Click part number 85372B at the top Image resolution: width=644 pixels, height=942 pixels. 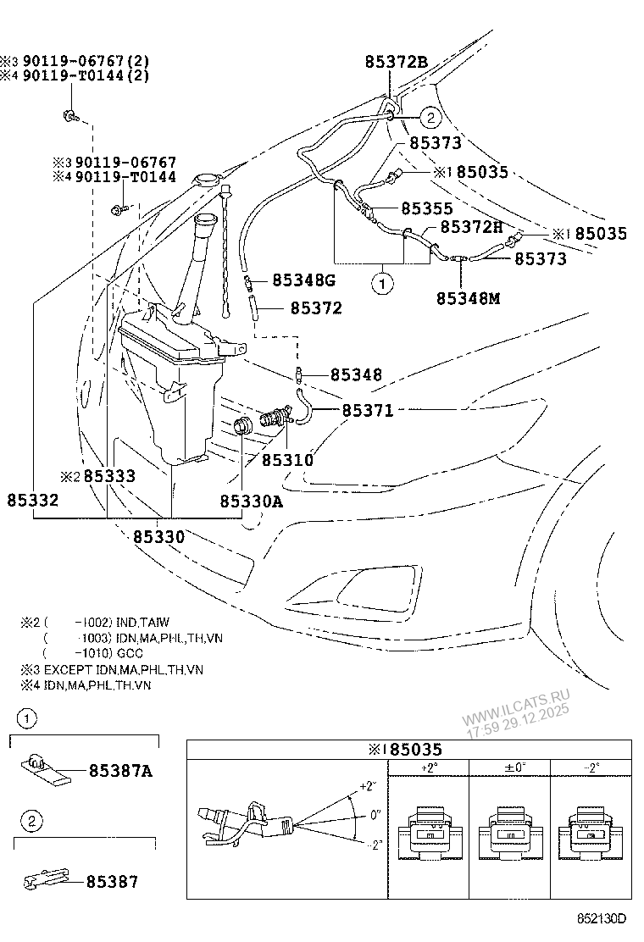397,61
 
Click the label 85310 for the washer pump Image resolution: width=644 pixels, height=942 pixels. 287,460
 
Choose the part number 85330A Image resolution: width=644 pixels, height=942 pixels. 251,501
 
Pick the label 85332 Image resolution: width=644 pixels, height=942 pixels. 33,501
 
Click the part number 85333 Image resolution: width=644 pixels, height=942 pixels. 109,477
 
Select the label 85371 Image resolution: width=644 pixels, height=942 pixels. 368,410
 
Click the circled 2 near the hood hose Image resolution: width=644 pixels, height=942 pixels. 429,118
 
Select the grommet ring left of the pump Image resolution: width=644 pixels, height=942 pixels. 243,426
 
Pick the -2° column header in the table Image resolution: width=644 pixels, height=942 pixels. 591,767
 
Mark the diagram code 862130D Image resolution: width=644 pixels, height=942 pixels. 602,918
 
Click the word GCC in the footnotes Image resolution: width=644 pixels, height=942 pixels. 130,653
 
